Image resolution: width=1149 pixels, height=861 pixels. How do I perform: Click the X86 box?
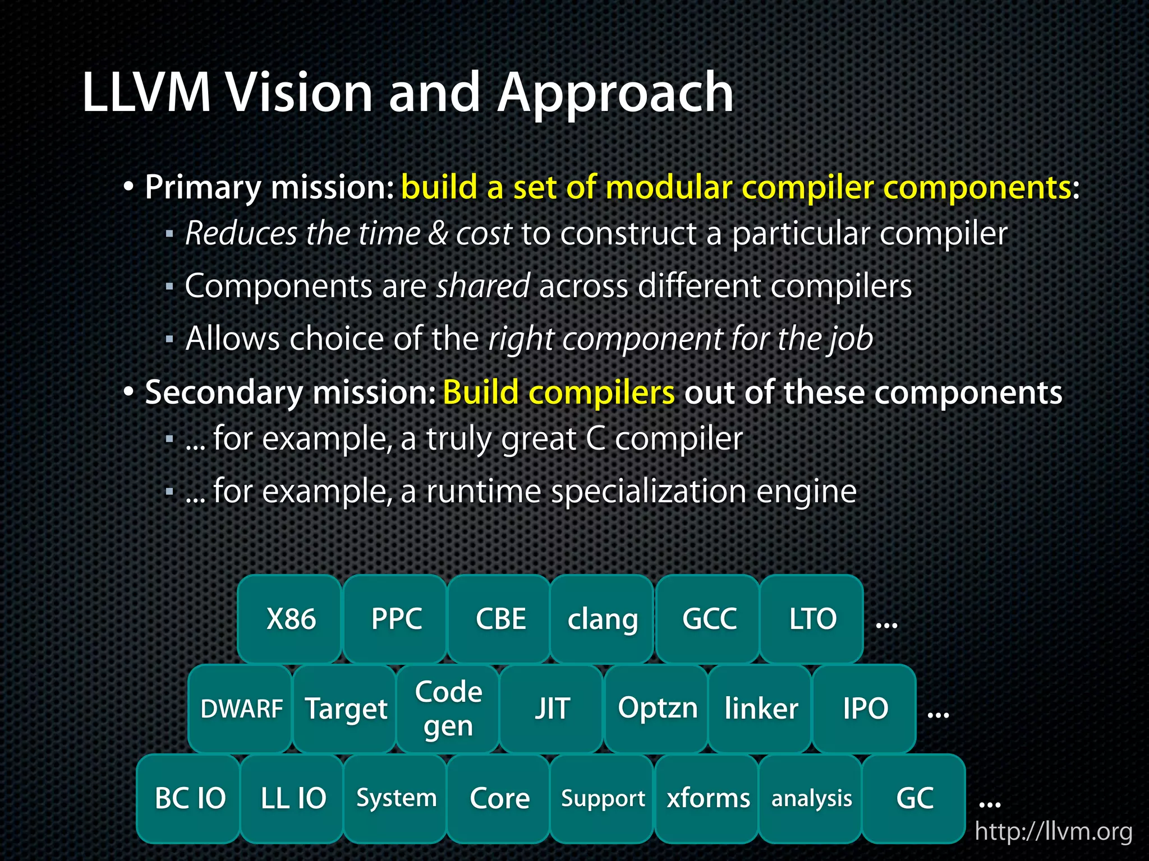[290, 619]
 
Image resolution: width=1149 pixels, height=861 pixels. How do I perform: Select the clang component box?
[602, 619]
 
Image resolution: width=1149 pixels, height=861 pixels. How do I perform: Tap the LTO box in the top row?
[812, 619]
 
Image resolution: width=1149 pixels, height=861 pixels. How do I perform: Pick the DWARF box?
[241, 709]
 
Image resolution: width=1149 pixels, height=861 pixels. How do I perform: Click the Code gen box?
[448, 709]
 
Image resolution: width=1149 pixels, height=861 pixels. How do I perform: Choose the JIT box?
[551, 709]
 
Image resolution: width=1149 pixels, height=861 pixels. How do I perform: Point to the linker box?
[760, 709]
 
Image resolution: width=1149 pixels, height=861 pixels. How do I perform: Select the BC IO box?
[189, 798]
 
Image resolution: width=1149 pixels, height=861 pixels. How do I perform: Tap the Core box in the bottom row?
[499, 798]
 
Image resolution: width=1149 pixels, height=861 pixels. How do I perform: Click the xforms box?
[707, 798]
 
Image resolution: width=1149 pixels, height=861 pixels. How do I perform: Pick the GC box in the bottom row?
[914, 798]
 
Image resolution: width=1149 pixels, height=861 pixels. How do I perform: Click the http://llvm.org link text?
[1053, 831]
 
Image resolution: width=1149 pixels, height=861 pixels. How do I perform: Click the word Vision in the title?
[298, 92]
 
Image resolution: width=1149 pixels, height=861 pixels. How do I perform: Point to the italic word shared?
[483, 286]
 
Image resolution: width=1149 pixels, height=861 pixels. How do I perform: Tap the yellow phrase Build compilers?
[558, 392]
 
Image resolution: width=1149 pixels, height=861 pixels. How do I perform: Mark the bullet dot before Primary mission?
[129, 187]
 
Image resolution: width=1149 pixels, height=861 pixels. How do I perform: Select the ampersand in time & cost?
[438, 234]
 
